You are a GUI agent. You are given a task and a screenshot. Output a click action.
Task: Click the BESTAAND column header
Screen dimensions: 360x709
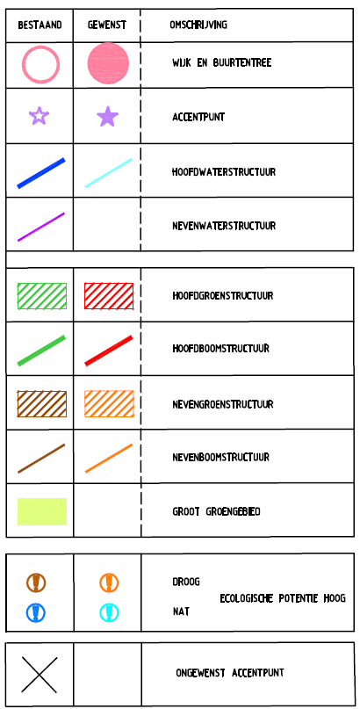[40, 25]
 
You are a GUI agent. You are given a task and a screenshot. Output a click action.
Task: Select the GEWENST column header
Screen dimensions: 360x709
[106, 25]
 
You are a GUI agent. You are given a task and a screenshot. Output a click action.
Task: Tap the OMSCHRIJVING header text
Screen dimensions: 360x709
[198, 25]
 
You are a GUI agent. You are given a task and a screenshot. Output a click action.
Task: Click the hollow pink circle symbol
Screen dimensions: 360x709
[40, 64]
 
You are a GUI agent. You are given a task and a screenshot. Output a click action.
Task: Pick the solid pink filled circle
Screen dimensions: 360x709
[108, 63]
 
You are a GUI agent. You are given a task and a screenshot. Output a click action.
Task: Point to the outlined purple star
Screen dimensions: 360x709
[39, 116]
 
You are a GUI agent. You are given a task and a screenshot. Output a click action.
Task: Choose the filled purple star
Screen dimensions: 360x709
[107, 117]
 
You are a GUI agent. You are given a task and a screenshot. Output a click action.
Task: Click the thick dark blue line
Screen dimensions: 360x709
[41, 173]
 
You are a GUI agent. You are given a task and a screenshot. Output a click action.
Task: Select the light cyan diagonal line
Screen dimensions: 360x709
[108, 173]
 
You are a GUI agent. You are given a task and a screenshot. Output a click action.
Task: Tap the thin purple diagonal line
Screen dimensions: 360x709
[41, 227]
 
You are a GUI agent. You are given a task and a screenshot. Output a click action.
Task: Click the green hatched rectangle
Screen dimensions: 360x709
[42, 296]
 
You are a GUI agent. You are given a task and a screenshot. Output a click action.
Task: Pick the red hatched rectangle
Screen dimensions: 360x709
[109, 296]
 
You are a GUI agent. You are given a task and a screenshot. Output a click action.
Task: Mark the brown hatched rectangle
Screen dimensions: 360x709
[42, 404]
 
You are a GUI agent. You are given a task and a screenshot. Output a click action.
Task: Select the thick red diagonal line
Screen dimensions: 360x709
[109, 351]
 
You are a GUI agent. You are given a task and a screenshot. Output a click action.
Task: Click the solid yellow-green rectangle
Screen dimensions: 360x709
[42, 511]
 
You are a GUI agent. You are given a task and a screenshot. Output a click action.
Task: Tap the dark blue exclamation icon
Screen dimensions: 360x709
[36, 612]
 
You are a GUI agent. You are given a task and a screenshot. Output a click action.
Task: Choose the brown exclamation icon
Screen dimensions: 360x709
[36, 582]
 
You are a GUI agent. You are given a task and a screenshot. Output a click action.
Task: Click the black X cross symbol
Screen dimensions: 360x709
[40, 675]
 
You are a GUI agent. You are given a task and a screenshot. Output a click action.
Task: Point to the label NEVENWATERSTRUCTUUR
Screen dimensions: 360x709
[224, 226]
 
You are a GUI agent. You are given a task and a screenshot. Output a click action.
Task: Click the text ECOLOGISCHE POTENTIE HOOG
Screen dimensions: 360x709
[283, 598]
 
